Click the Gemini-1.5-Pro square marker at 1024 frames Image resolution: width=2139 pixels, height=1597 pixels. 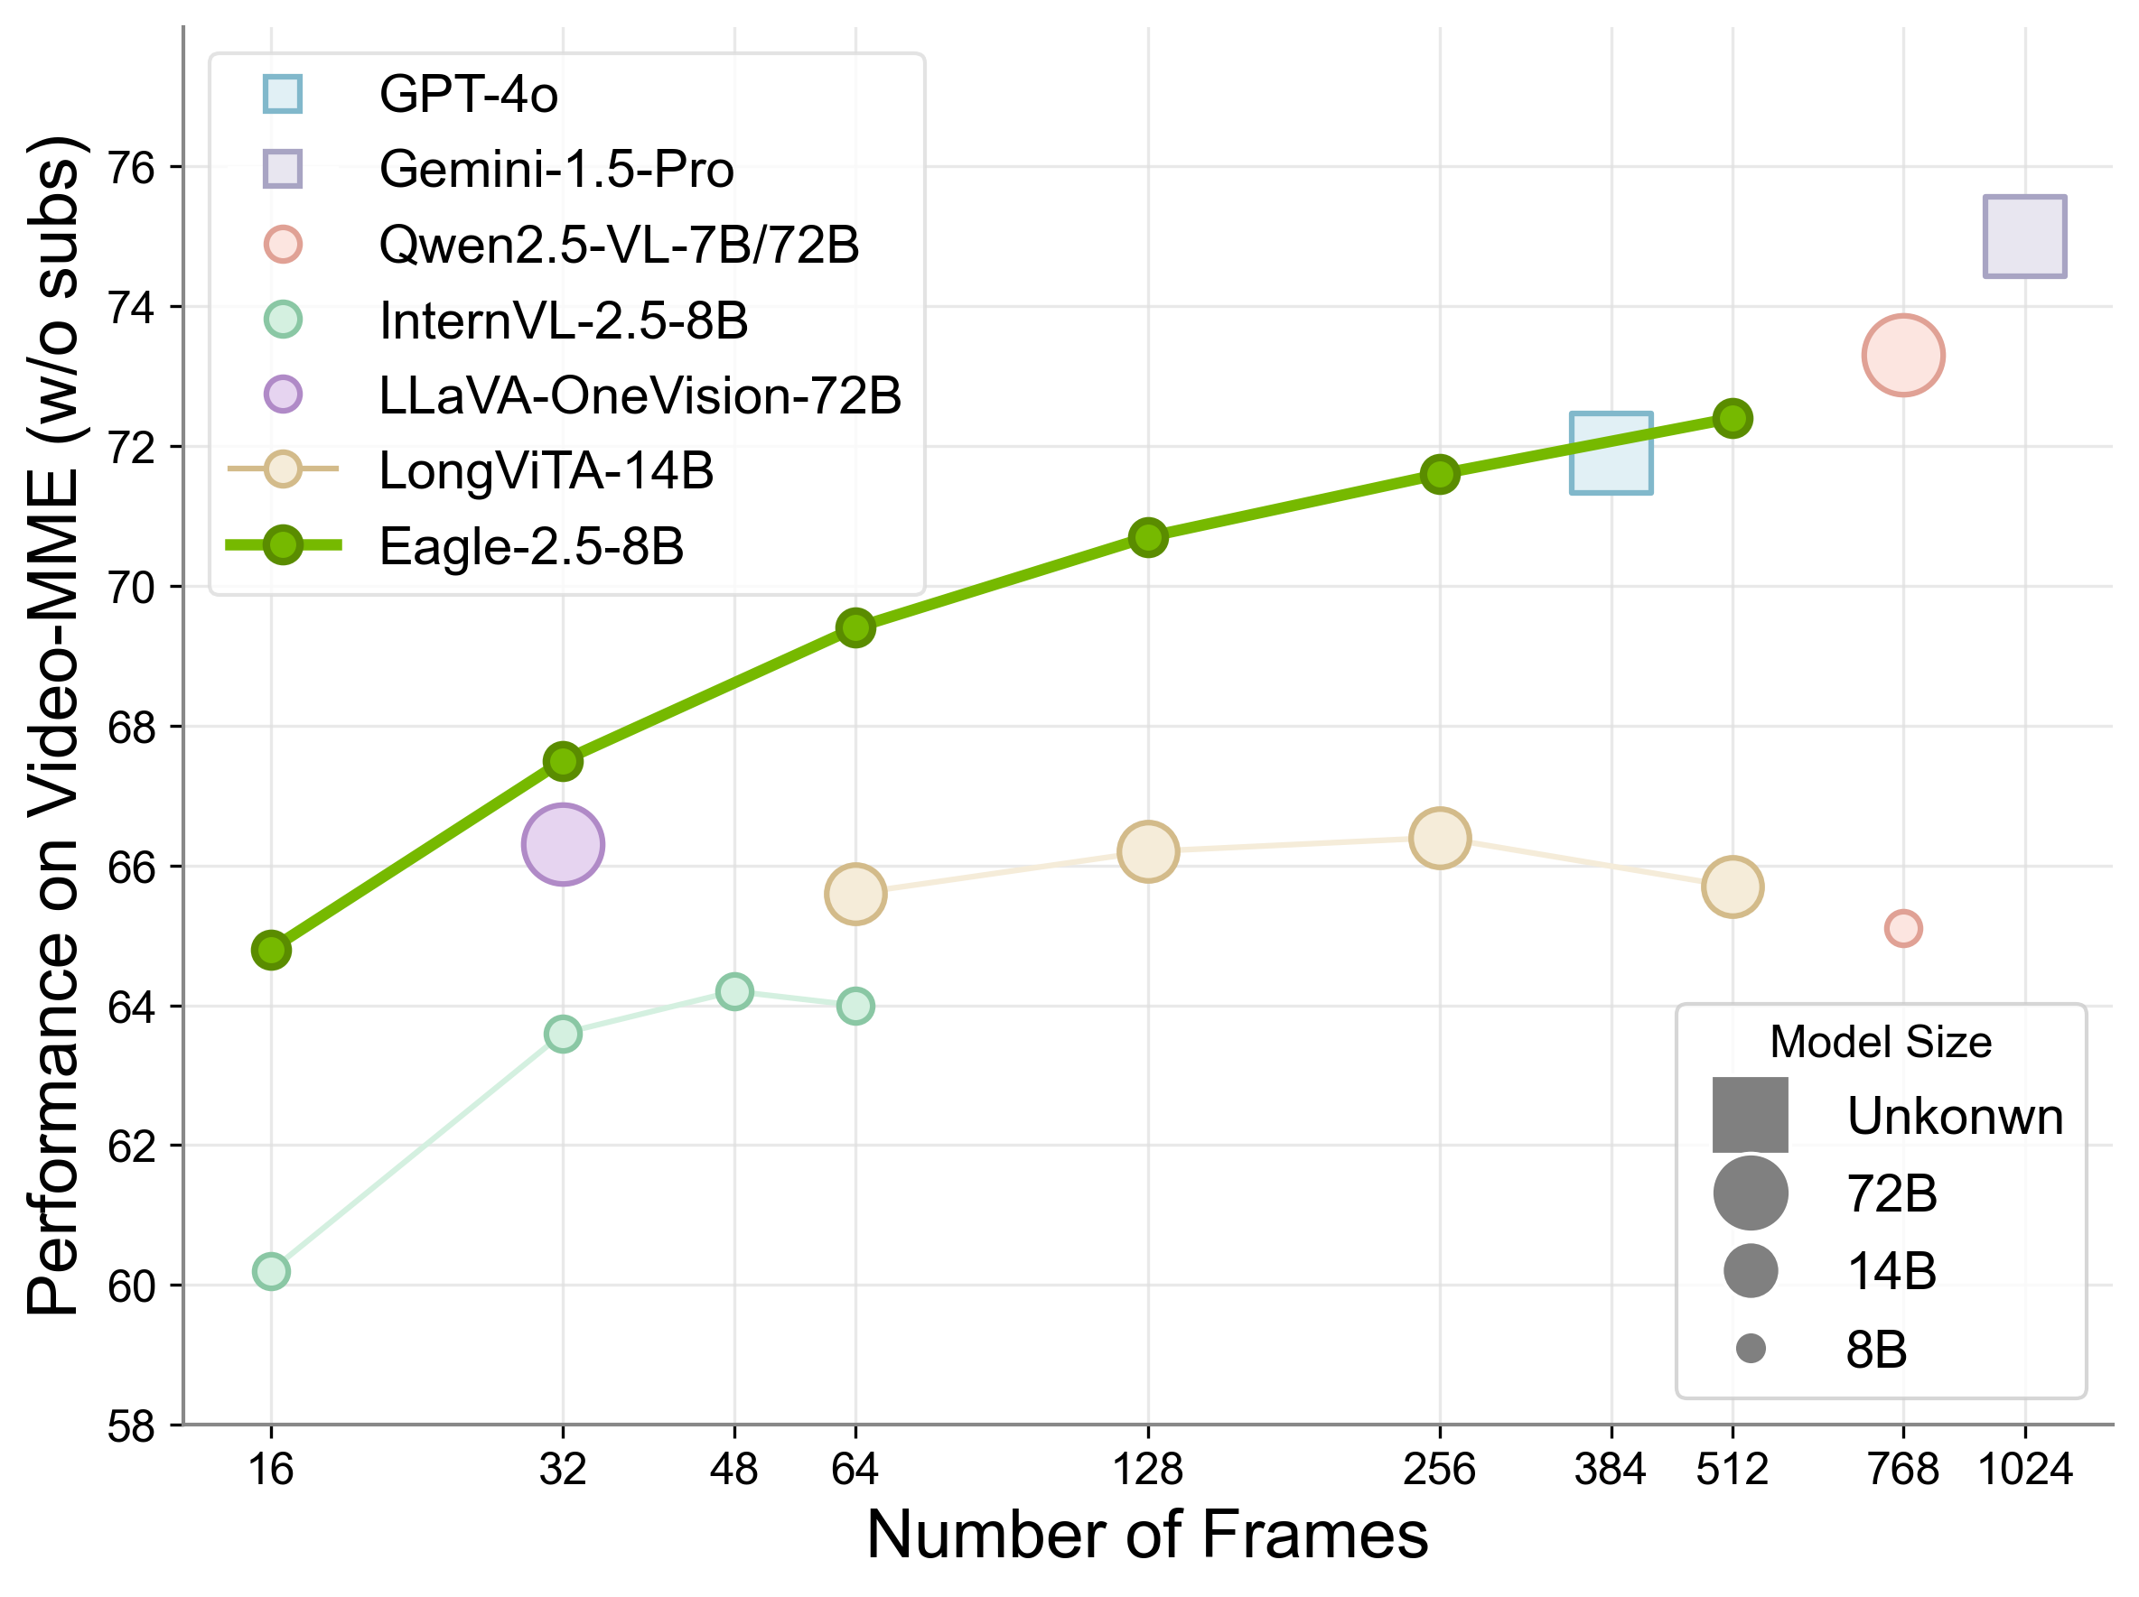point(2024,237)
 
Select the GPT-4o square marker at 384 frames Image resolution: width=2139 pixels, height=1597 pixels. point(1610,453)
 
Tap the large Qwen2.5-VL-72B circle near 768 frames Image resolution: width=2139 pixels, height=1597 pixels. point(1902,355)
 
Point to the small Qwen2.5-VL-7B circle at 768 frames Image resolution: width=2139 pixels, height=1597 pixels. point(1902,929)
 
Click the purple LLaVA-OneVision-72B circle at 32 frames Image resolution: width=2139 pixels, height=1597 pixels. point(563,844)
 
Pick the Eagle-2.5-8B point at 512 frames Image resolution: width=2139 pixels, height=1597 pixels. point(1732,419)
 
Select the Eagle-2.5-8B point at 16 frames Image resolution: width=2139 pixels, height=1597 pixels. point(271,951)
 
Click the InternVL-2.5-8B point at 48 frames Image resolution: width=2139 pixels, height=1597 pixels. point(734,992)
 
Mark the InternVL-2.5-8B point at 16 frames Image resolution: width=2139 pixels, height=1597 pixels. point(271,1271)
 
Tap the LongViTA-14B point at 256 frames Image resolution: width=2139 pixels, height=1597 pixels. point(1439,837)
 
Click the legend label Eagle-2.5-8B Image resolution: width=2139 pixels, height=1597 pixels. point(531,546)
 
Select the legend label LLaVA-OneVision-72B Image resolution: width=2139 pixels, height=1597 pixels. point(640,395)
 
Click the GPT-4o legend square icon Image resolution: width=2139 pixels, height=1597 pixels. point(283,94)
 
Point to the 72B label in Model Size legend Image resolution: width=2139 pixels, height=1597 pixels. point(1891,1193)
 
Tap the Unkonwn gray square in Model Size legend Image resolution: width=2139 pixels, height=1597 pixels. point(1750,1115)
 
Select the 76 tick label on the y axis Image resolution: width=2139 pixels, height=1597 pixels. point(132,168)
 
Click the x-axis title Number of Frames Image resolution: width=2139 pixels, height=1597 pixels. point(1147,1535)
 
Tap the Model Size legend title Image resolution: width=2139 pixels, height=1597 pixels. point(1880,1042)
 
